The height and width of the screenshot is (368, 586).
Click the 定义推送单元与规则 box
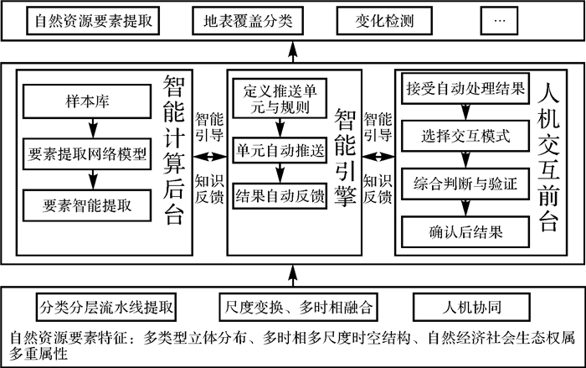tap(279, 98)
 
